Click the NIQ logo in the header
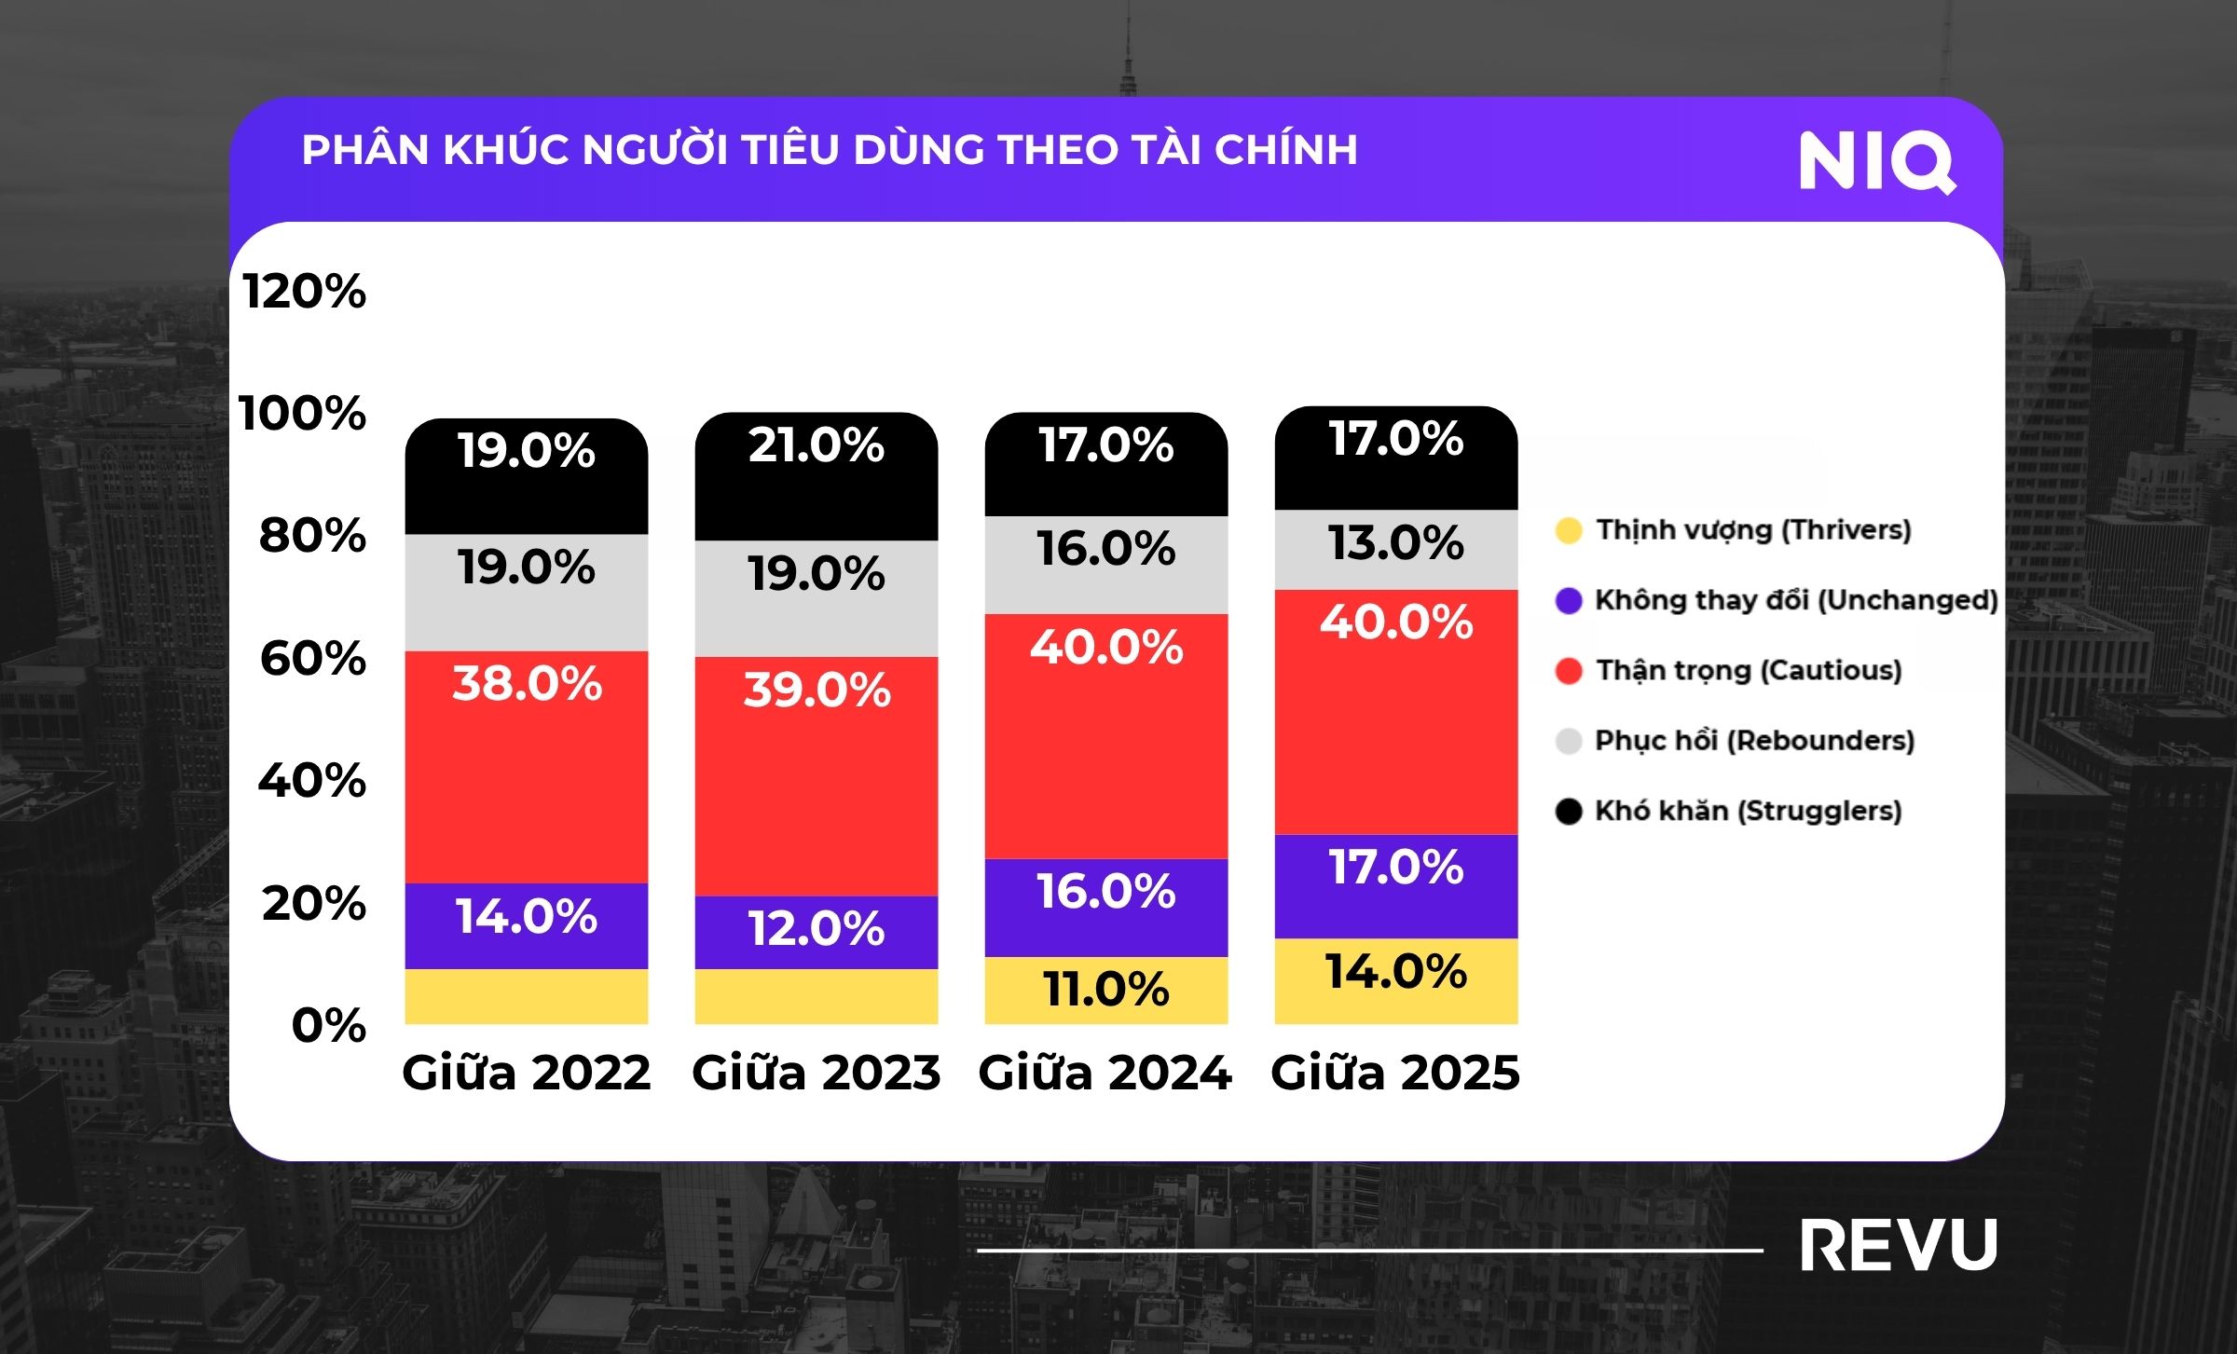pos(1876,162)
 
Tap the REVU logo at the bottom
pos(1899,1246)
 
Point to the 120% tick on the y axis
pos(305,292)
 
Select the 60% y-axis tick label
pos(313,659)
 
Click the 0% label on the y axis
pos(329,1026)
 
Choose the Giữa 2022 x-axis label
pos(526,1073)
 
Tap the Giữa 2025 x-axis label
pos(1395,1073)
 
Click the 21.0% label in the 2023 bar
pos(817,444)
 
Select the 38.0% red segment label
pos(527,683)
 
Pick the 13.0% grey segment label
pos(1395,542)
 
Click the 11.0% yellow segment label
pos(1106,989)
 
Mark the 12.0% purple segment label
pos(817,929)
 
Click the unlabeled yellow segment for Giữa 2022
pos(526,996)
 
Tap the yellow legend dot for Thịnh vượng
pos(1569,530)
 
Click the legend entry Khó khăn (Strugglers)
pos(1748,811)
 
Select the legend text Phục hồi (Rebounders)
pos(1754,741)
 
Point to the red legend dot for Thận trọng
pos(1569,671)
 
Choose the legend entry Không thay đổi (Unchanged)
pos(1796,600)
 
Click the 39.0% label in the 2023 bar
pos(817,691)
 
